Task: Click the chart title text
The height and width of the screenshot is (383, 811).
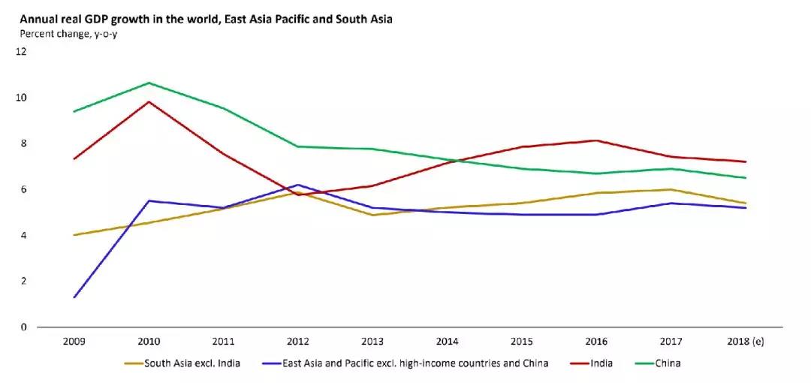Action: coord(200,19)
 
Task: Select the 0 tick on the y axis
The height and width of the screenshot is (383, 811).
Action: coord(23,327)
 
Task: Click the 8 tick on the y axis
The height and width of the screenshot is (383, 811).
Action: coord(23,143)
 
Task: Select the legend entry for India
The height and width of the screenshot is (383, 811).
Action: coord(601,363)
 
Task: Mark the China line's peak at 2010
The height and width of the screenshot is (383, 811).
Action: coord(149,83)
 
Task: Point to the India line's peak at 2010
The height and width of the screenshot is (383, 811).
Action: coord(149,101)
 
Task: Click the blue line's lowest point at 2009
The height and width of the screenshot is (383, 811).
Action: coord(74,297)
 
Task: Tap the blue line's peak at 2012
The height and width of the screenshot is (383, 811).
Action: coord(299,185)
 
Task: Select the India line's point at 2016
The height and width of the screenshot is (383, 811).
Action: coord(596,140)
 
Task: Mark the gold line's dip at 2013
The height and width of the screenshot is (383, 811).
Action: coord(373,216)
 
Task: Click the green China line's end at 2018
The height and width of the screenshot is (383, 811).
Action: coord(746,178)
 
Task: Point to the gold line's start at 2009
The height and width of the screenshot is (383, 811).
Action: coord(74,235)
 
